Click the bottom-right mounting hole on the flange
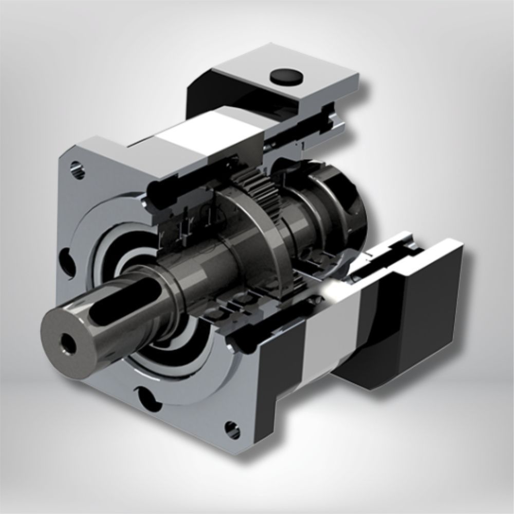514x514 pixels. tap(232, 428)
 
